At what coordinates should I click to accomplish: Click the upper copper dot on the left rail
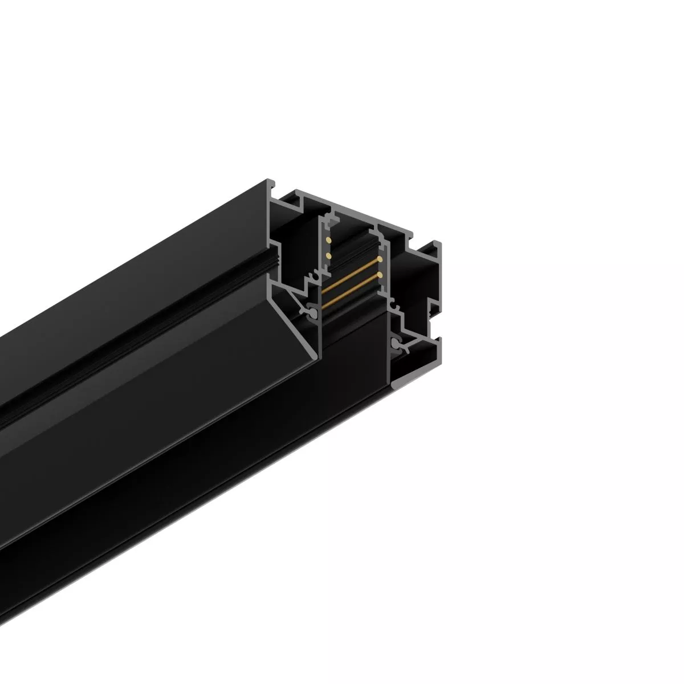[328, 241]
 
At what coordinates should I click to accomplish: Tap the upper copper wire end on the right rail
[380, 259]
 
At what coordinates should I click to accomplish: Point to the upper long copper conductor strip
[351, 274]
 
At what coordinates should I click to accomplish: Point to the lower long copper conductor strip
[351, 291]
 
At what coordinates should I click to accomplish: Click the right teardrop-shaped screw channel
[396, 343]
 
